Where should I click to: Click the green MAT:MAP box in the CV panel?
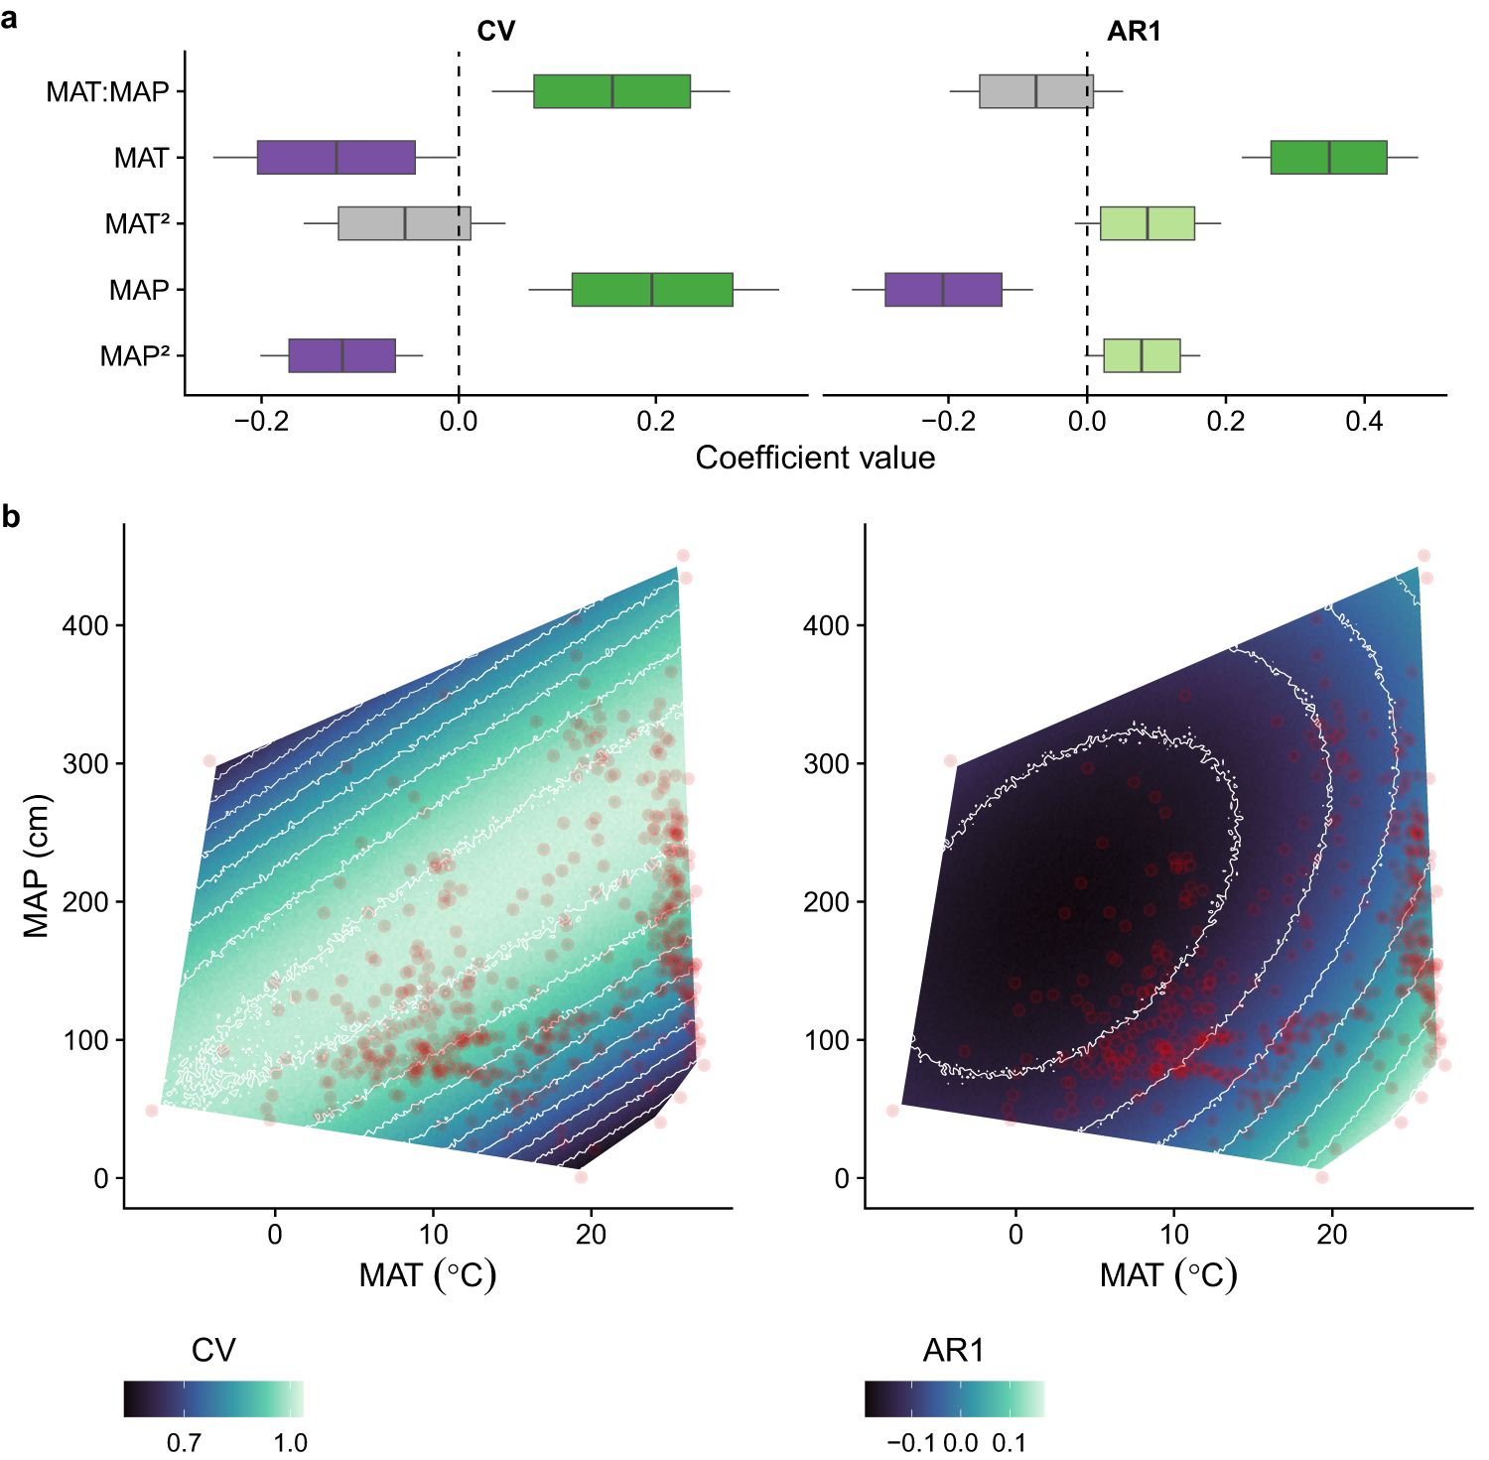pos(611,91)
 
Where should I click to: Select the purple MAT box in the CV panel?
pos(336,158)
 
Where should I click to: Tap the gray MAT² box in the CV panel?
pos(404,223)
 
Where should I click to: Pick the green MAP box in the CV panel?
pos(652,290)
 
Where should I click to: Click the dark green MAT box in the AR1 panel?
pos(1328,158)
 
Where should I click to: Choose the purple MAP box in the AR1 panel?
pos(943,290)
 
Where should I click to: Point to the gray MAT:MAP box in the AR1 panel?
pos(1035,91)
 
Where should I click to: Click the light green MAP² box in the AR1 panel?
pos(1142,355)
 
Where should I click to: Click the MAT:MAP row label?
pos(107,92)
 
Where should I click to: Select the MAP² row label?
pos(135,356)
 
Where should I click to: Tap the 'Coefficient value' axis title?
pos(815,458)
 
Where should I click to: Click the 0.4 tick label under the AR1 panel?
pos(1364,421)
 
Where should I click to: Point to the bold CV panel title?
pos(496,32)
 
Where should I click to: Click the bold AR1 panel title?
pos(1134,32)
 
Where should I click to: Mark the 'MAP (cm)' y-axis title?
pos(37,865)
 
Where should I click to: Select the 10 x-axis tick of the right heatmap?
pos(1173,1235)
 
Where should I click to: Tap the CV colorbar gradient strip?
pos(213,1398)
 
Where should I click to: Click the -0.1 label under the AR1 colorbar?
pos(910,1442)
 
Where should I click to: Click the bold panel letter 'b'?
pos(11,517)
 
